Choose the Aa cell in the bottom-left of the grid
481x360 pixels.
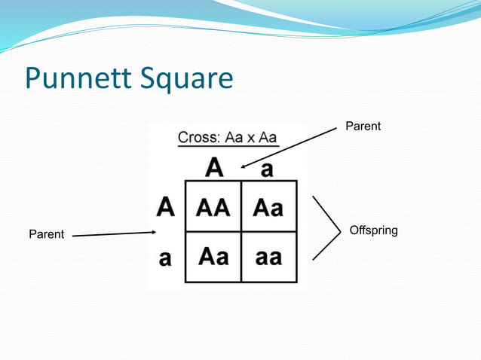pyautogui.click(x=213, y=256)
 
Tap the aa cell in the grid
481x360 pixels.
pyautogui.click(x=268, y=256)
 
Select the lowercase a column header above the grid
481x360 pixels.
pyautogui.click(x=266, y=169)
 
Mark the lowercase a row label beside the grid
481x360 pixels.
pyautogui.click(x=166, y=258)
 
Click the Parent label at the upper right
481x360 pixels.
pyautogui.click(x=363, y=127)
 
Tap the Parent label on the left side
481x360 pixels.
pyautogui.click(x=47, y=236)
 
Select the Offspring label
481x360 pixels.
pyautogui.click(x=373, y=230)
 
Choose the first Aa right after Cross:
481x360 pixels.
pyautogui.click(x=231, y=139)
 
